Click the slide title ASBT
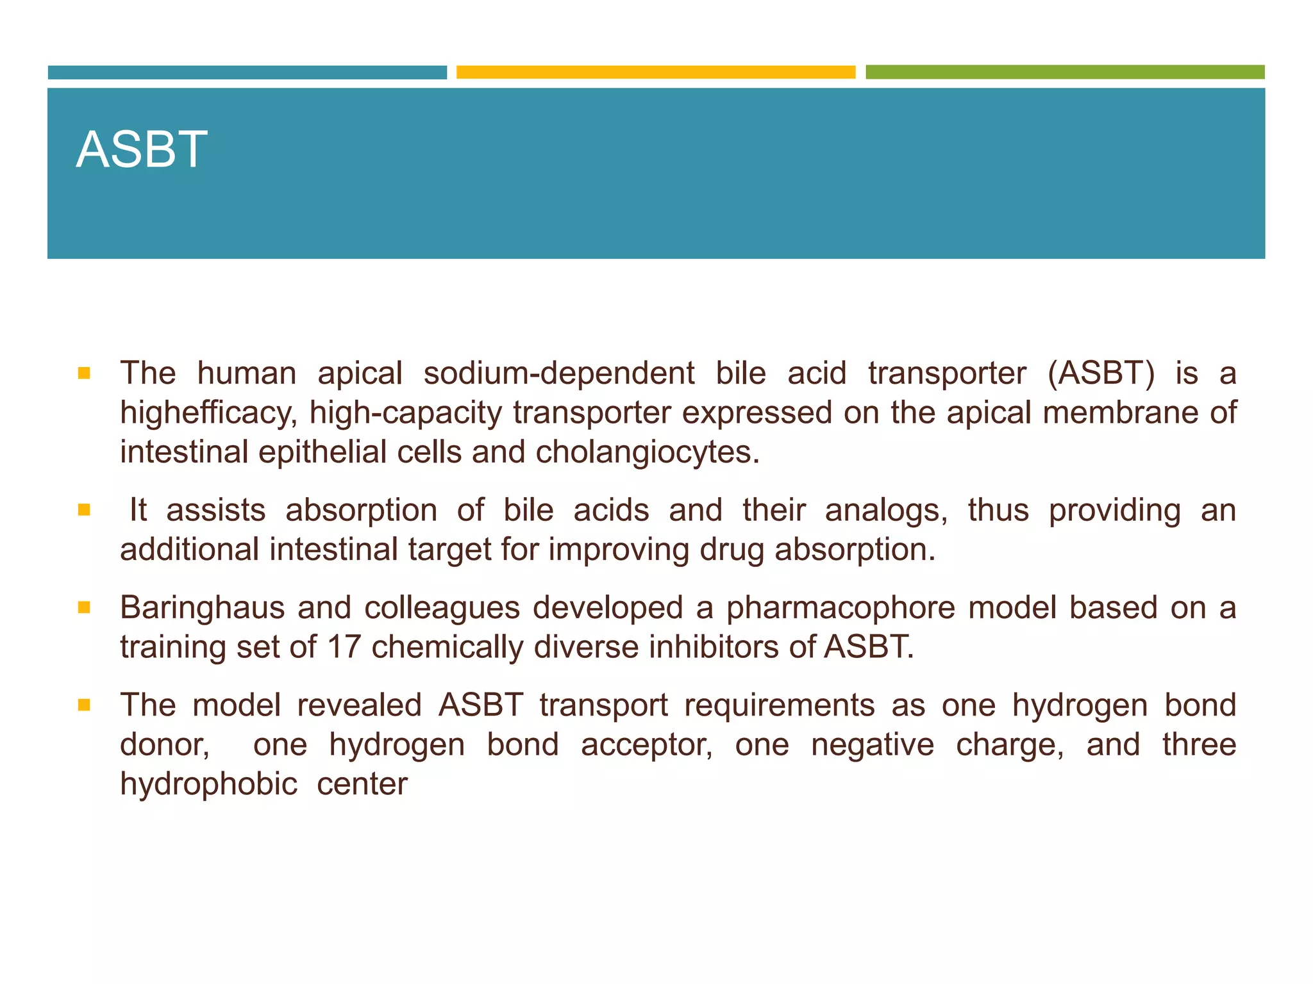pyautogui.click(x=142, y=149)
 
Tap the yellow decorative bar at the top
pyautogui.click(x=655, y=72)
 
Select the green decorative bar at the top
pyautogui.click(x=1064, y=72)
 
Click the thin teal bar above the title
pyautogui.click(x=247, y=72)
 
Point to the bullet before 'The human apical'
pyautogui.click(x=84, y=373)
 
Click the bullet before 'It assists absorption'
pyautogui.click(x=84, y=510)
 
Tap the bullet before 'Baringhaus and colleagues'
pyautogui.click(x=84, y=607)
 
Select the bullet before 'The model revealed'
pyautogui.click(x=84, y=705)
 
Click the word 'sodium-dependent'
pyautogui.click(x=558, y=373)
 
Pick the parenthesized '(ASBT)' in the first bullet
pyautogui.click(x=1100, y=373)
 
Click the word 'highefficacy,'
pyautogui.click(x=208, y=413)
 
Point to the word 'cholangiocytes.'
pyautogui.click(x=648, y=452)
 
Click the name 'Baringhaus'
pyautogui.click(x=202, y=608)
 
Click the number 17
pyautogui.click(x=344, y=647)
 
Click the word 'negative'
pyautogui.click(x=873, y=745)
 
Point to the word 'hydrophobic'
pyautogui.click(x=208, y=784)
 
